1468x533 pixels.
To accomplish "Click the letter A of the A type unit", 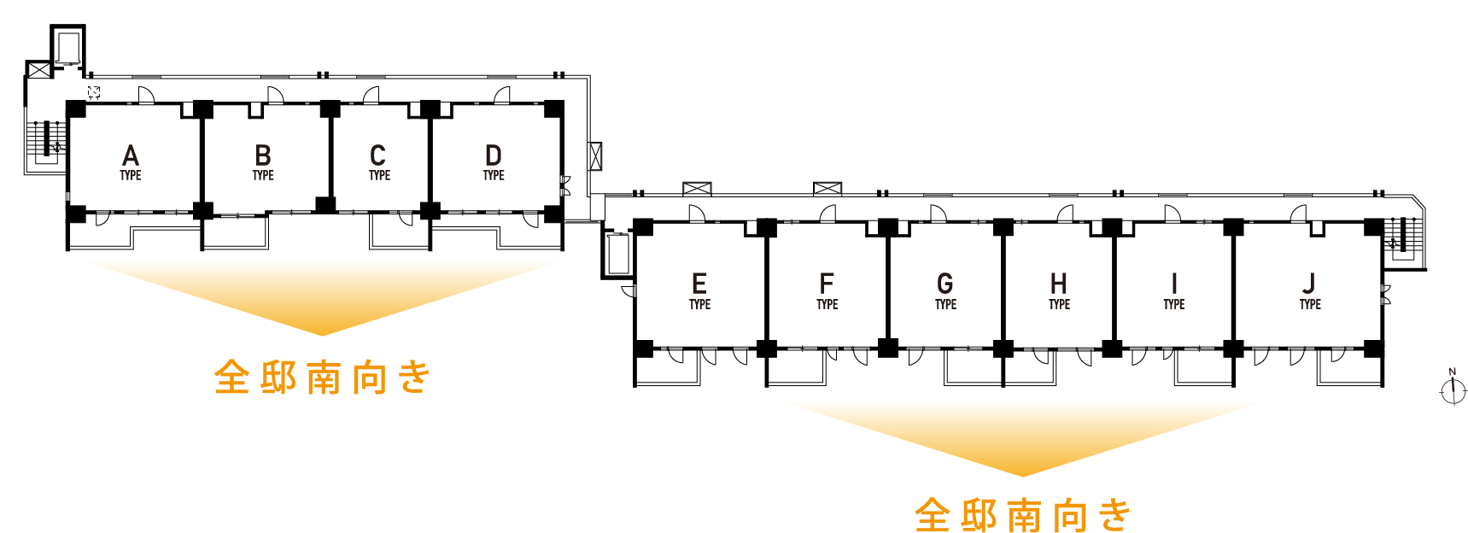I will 131,155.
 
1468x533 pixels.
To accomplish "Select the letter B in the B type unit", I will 263,155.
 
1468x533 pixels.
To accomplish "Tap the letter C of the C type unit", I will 378,155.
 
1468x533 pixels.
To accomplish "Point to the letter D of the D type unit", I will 494,155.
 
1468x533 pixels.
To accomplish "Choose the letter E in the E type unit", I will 699,284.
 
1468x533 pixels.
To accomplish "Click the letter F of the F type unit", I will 827,284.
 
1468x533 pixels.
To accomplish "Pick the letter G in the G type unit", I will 945,284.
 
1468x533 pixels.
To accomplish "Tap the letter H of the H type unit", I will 1059,284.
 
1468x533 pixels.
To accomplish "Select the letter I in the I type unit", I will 1174,284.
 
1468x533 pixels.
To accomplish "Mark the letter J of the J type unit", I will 1310,284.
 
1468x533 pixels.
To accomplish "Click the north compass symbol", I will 1453,389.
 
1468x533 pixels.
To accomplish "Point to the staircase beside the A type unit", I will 47,142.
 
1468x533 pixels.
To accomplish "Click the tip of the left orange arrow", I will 322,333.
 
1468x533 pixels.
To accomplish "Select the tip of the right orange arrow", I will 1022,474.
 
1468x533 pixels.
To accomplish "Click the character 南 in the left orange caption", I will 324,378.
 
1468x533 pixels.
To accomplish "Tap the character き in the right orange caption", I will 1114,516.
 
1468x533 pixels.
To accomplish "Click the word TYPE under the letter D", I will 494,175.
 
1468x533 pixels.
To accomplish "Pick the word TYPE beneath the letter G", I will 945,304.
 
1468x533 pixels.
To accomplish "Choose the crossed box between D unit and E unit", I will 595,155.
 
